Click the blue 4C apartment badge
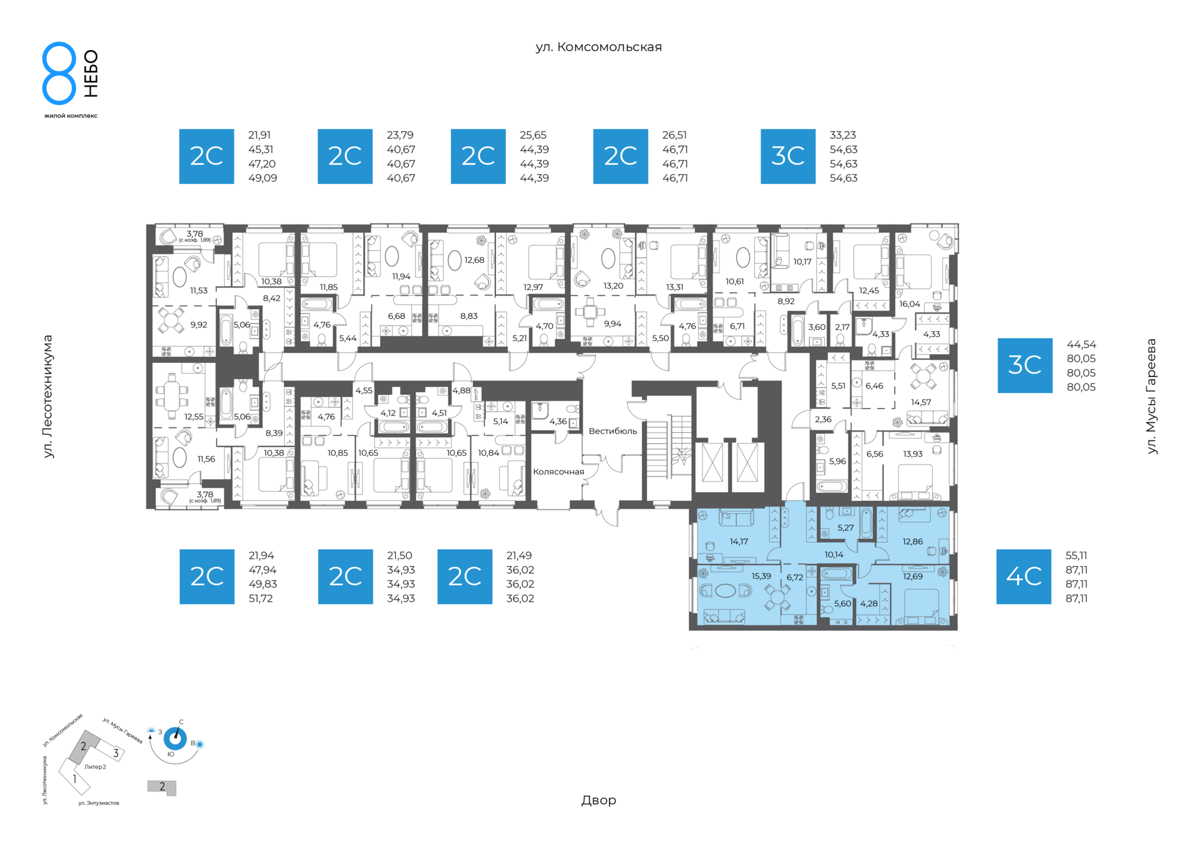point(1023,576)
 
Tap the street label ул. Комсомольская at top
point(598,47)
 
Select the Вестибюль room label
point(613,431)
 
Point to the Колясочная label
point(558,472)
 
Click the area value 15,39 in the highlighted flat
point(761,576)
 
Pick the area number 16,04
point(910,304)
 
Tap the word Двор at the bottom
point(599,800)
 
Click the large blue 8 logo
point(59,73)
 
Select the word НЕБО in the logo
point(91,74)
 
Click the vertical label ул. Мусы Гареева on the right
point(1151,396)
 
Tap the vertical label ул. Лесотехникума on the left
point(48,397)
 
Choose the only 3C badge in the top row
point(788,157)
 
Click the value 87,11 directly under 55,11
point(1076,569)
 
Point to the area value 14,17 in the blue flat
point(739,541)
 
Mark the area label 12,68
point(474,260)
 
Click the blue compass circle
point(175,739)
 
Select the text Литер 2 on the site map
point(95,767)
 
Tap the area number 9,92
point(198,325)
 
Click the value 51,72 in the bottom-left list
point(261,598)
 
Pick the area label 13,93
point(913,453)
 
